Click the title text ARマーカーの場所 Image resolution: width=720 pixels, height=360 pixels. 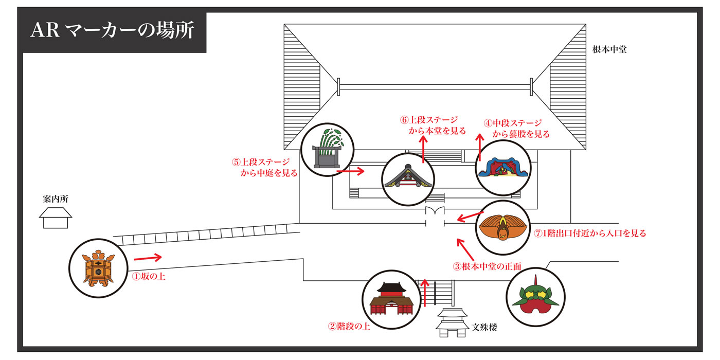112,30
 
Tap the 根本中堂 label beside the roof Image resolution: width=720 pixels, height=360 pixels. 609,50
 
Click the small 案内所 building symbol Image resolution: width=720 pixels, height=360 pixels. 56,218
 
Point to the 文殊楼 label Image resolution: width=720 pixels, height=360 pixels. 484,327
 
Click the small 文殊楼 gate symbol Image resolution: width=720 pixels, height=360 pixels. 452,322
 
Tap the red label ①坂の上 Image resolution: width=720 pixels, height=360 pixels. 149,276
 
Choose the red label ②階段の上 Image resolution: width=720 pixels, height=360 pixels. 349,326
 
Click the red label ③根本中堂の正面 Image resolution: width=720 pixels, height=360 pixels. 487,266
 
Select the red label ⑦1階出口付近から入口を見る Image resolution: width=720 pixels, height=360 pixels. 589,233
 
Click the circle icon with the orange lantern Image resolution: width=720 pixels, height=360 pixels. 98,269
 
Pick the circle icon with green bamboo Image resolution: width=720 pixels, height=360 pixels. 328,149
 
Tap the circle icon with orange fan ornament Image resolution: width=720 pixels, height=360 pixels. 502,228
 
